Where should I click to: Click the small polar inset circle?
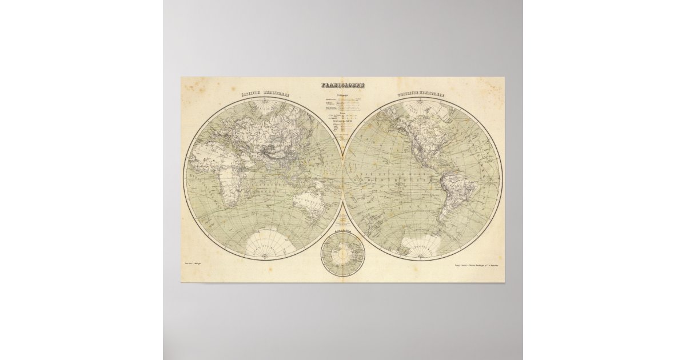click(x=343, y=254)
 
